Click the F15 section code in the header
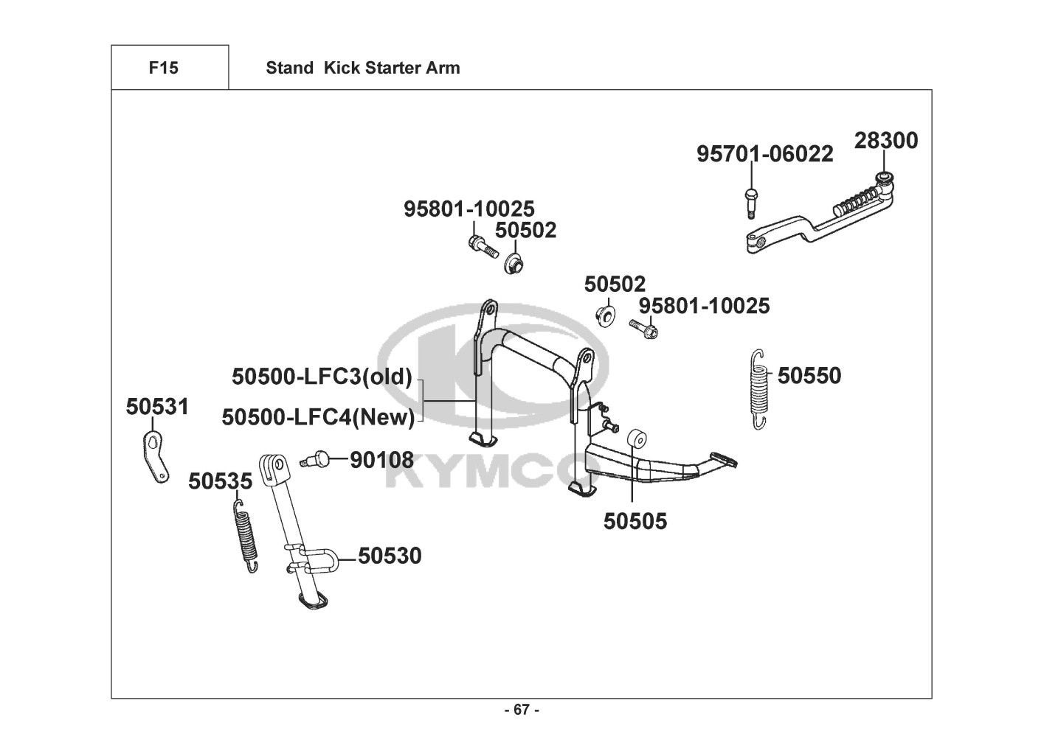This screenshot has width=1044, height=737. coord(164,68)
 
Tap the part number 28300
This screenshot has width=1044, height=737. coord(886,141)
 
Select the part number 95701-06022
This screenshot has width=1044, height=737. coord(765,154)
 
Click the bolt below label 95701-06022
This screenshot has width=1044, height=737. coord(751,203)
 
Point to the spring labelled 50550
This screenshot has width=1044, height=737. coord(759,389)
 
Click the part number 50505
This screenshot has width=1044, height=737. coord(635,522)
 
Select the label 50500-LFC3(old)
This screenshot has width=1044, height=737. coord(322,377)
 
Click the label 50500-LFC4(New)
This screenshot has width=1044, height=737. coord(318,417)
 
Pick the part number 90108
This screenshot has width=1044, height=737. coord(381,460)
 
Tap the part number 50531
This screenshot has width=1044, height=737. coord(158,407)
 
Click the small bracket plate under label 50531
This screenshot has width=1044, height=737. coord(156,457)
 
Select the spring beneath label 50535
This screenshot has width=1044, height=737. coord(245,535)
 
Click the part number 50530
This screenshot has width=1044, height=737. coord(390,556)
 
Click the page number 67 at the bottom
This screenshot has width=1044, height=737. coord(522,710)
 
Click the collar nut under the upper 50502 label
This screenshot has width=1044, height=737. coord(514,263)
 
